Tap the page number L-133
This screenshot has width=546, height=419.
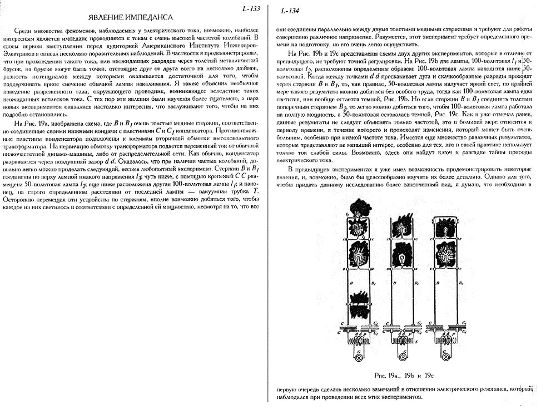point(251,8)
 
